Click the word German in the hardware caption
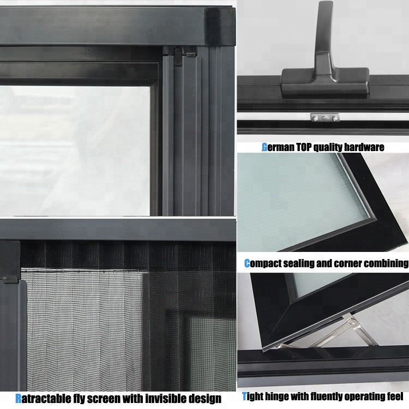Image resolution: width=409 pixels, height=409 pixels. (278, 147)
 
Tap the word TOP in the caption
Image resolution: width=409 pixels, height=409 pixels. (304, 147)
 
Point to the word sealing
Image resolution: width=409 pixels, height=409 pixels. (299, 263)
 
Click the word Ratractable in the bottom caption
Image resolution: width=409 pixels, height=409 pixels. (42, 399)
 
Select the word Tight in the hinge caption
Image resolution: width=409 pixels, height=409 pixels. (252, 396)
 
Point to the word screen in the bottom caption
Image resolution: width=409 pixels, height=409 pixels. (104, 399)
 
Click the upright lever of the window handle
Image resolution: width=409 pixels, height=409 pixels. (324, 39)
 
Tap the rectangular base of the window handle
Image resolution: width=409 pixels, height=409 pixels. (325, 83)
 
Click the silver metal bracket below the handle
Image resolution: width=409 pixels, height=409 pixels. (325, 118)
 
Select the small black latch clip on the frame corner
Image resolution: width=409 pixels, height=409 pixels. (179, 56)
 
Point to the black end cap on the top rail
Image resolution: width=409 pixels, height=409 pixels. (220, 27)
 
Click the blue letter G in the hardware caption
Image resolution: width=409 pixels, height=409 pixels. (264, 147)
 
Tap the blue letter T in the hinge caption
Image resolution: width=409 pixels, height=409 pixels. (244, 396)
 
